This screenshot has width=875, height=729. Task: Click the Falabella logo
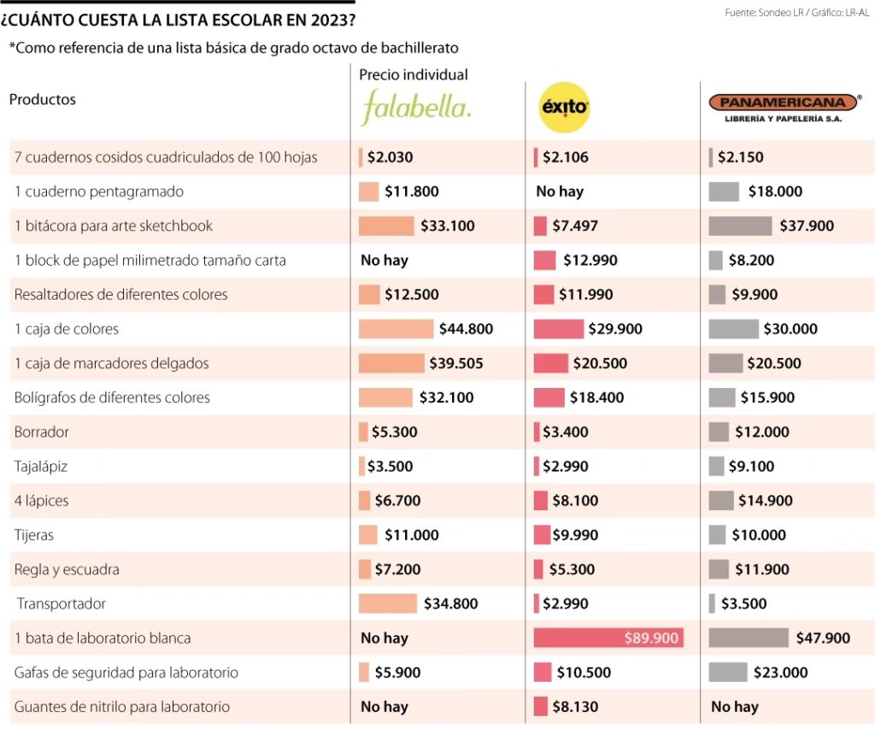coord(416,109)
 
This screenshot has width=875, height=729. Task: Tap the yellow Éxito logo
coord(565,108)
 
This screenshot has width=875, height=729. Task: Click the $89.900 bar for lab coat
coord(608,638)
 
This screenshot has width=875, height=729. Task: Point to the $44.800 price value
coord(466,329)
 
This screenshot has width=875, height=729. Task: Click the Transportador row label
coord(62,603)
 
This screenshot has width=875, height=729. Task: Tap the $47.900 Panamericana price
coord(825,638)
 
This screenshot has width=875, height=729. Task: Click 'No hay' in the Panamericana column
coord(734,707)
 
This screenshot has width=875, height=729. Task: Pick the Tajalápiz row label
coord(40,466)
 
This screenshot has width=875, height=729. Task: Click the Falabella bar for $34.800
coord(388,603)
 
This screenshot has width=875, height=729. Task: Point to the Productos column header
coord(43,99)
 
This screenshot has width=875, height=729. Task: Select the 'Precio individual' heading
coord(414,75)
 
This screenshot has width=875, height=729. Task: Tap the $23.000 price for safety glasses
coord(780,673)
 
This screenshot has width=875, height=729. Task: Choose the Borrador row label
coord(41,432)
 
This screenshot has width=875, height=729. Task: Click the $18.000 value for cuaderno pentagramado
coord(775,191)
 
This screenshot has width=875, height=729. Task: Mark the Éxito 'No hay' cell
coord(560,191)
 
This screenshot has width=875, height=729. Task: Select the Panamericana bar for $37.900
coord(740,226)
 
